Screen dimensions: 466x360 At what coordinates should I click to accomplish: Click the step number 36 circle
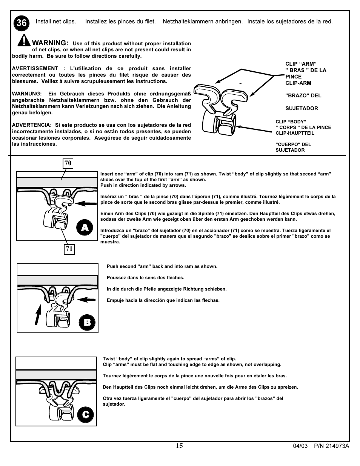pos(22,23)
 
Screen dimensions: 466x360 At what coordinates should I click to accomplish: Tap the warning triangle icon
pos(23,40)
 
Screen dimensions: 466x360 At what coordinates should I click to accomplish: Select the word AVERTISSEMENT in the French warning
pos(35,68)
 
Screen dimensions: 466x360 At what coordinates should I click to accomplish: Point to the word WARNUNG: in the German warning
pos(26,94)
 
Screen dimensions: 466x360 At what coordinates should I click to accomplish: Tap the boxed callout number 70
pos(68,163)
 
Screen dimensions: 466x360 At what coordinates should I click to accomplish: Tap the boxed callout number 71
pos(69,249)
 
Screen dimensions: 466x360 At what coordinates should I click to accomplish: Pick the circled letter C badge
pos(86,415)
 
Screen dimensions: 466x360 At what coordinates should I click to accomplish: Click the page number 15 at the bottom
pos(179,446)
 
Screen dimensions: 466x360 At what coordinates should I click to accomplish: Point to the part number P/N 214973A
pos(332,446)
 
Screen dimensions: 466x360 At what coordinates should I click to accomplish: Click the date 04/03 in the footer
pos(300,446)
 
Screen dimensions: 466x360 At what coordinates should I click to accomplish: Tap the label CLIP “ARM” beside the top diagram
pos(301,64)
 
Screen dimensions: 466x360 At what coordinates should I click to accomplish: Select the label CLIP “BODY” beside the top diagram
pos(291,122)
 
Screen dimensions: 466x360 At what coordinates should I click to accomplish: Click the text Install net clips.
pos(56,22)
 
